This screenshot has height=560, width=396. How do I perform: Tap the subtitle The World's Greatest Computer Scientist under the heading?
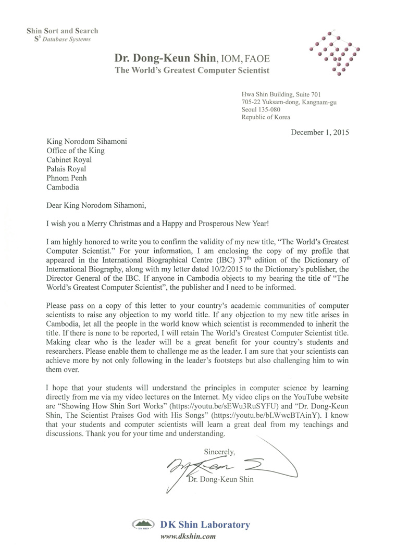click(192, 70)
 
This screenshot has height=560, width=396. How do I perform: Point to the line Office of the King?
click(76, 151)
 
